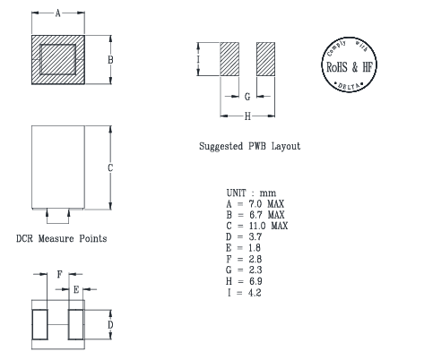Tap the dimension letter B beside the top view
(110, 59)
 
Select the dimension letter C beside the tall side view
(110, 167)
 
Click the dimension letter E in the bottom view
(77, 289)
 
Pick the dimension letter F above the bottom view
(59, 275)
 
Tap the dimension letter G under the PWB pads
(247, 95)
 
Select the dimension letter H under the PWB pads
(247, 116)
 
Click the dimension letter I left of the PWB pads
(197, 60)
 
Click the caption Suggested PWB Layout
(249, 146)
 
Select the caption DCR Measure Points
(62, 238)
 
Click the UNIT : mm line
(251, 194)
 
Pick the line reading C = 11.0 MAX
(257, 226)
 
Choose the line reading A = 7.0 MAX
(255, 205)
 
